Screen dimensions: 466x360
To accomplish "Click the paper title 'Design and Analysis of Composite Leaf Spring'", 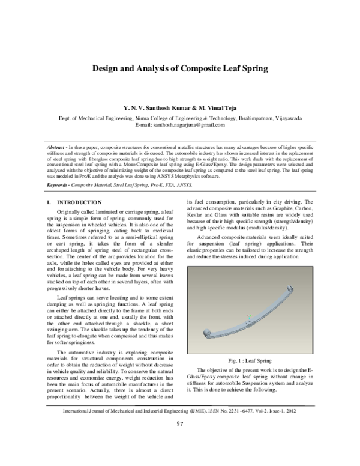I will [179, 69].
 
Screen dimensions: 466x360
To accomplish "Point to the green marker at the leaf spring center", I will [248, 316].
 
